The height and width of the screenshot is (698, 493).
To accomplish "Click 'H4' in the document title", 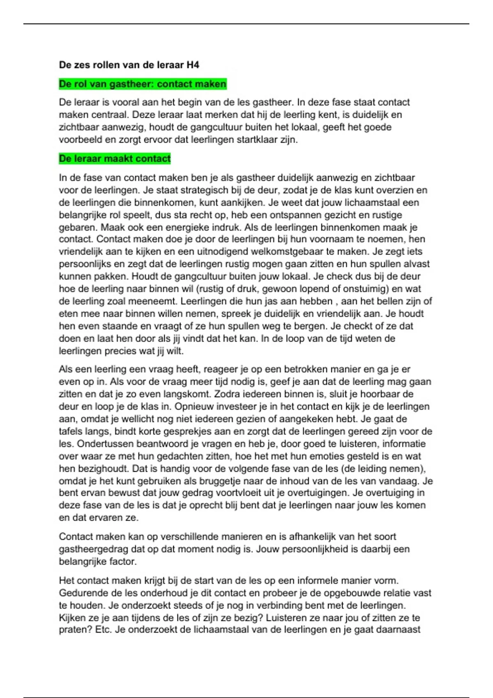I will [193, 65].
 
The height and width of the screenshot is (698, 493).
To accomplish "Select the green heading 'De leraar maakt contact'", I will [115, 159].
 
